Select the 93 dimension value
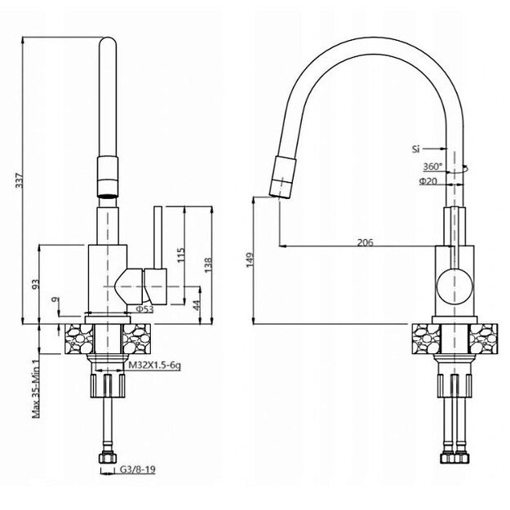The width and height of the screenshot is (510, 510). click(x=36, y=284)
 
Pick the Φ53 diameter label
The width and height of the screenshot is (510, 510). click(x=144, y=309)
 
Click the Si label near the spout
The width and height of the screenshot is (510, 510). click(x=416, y=149)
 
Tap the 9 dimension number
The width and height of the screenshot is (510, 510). click(x=55, y=302)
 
